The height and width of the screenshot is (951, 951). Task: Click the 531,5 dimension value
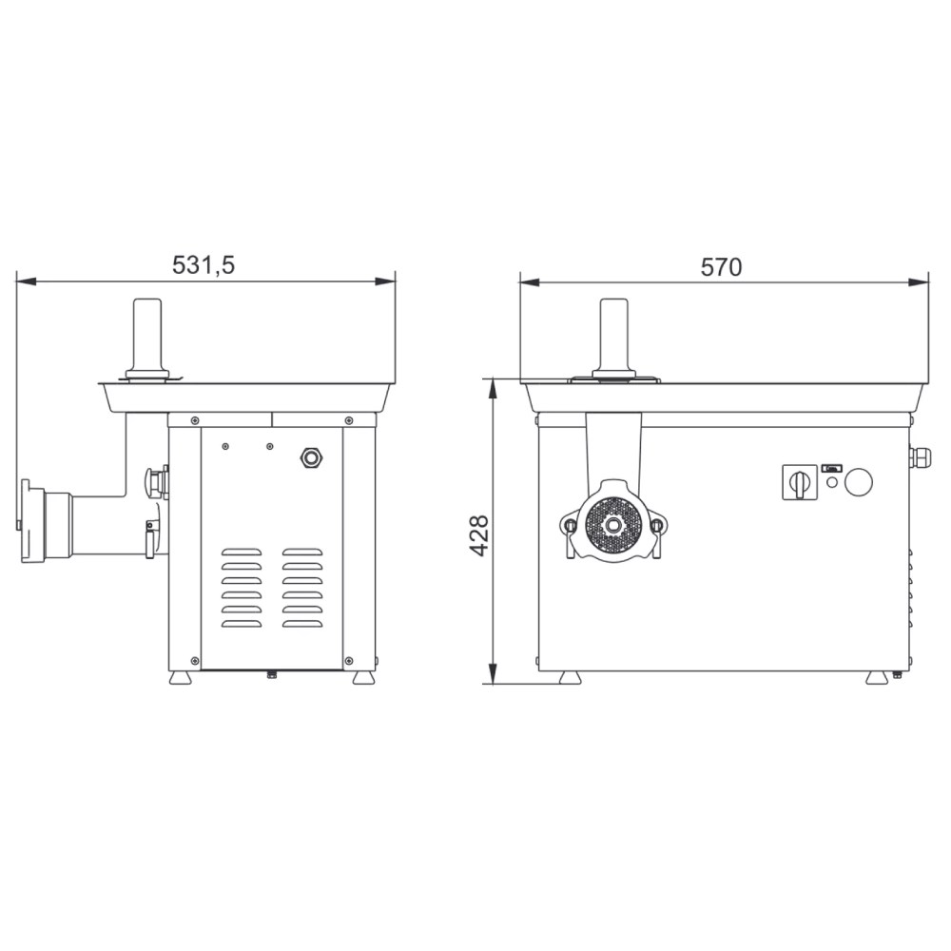click(204, 265)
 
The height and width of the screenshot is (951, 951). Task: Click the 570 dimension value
click(721, 267)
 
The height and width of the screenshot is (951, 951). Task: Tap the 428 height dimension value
click(479, 535)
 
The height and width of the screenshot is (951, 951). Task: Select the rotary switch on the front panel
click(800, 482)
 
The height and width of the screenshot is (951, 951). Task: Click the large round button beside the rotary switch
click(858, 483)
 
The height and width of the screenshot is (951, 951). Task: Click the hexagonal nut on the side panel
click(311, 458)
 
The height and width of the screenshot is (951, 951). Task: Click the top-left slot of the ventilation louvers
click(242, 552)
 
